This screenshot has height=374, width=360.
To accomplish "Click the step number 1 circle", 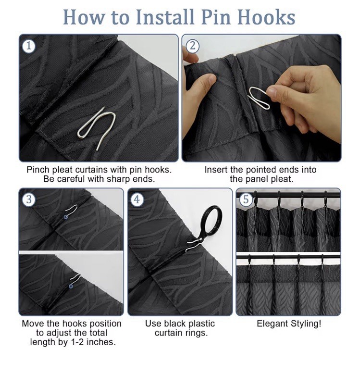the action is (29, 46).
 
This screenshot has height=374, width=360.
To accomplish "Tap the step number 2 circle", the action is (192, 46).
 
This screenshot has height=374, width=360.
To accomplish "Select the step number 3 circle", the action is (29, 199).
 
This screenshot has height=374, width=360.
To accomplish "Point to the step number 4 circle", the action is (137, 199).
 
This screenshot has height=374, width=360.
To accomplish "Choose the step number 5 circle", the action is (246, 199).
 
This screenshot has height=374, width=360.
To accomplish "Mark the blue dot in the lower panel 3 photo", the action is (71, 286).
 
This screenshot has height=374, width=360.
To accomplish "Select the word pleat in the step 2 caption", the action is (282, 179).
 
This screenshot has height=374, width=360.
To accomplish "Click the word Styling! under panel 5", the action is (306, 324).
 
